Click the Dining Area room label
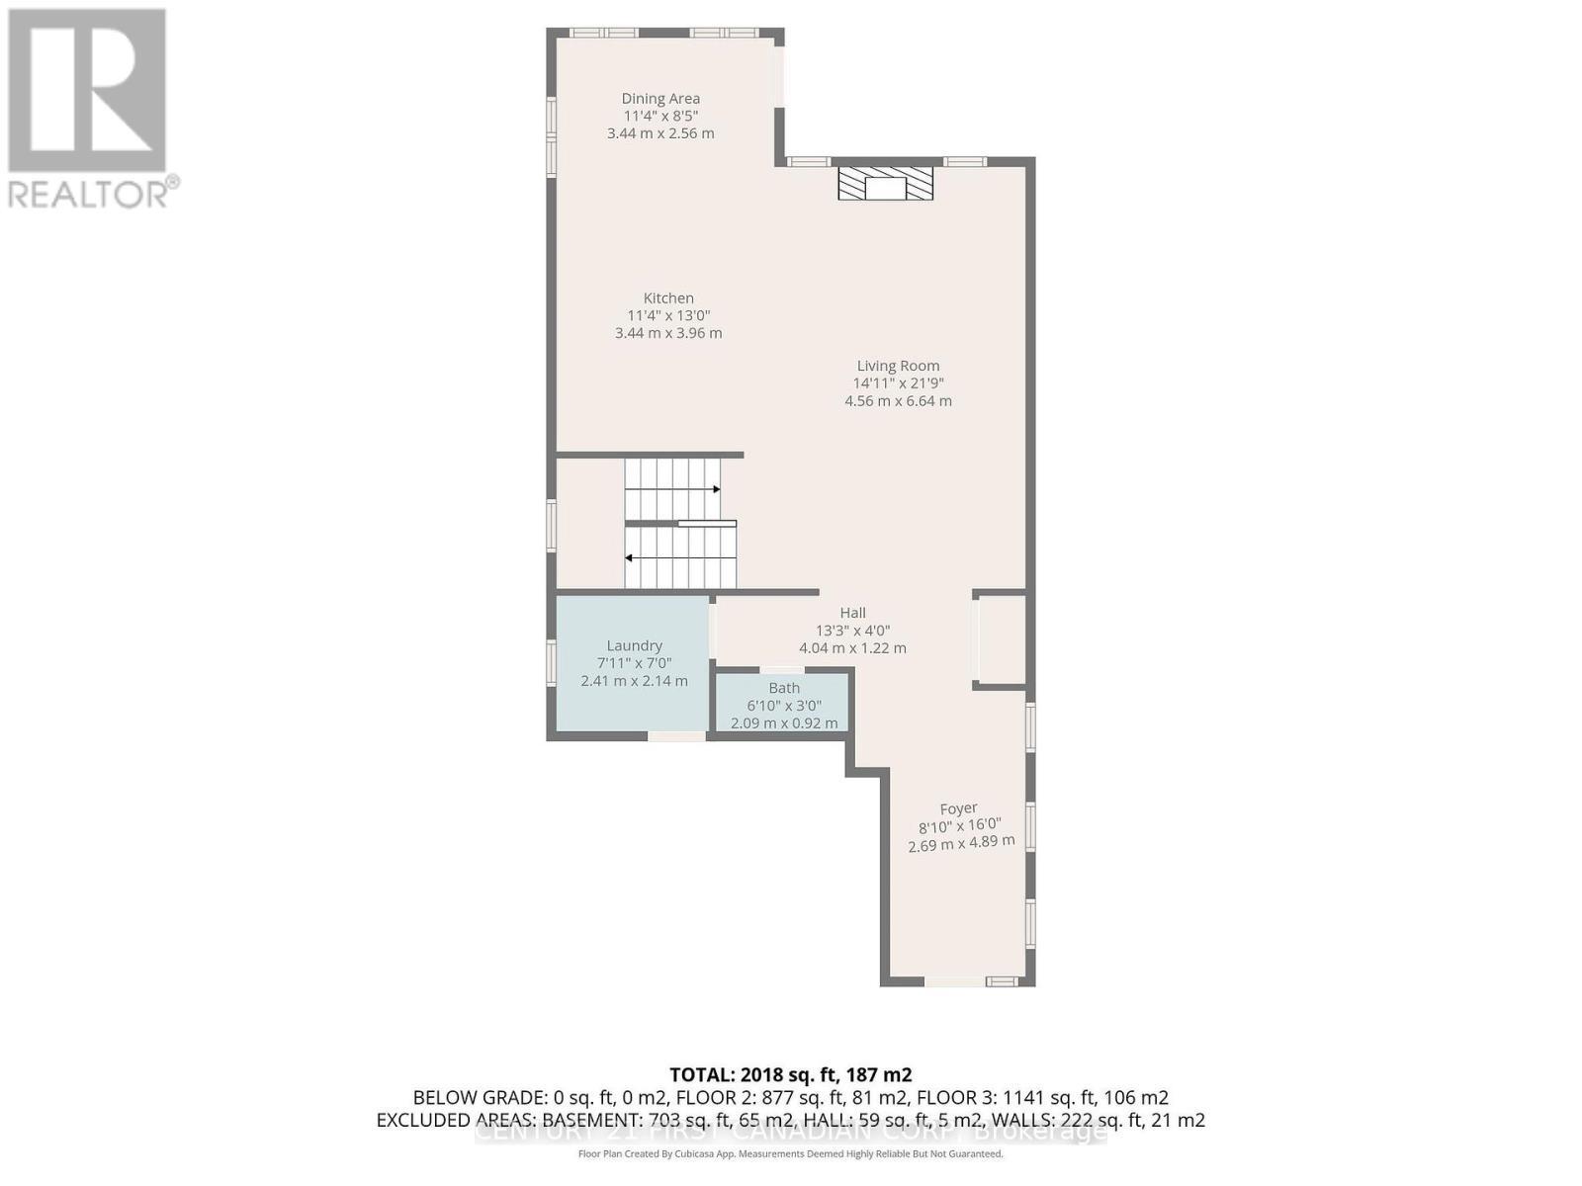tap(660, 98)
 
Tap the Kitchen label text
tap(668, 297)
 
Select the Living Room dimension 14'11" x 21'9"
tap(898, 383)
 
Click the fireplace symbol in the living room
tap(885, 184)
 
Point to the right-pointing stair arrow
tap(715, 489)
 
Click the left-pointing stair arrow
tap(629, 557)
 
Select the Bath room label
tap(784, 688)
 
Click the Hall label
tap(852, 613)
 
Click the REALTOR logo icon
tap(87, 91)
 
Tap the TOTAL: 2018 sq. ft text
tap(790, 1074)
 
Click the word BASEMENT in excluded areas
tap(592, 1120)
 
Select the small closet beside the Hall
tap(1001, 639)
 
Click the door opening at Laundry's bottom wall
tap(677, 735)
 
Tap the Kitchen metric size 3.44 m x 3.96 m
tap(668, 333)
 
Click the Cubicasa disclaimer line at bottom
tap(790, 1154)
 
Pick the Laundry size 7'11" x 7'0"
tap(634, 663)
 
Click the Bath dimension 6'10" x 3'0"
tap(784, 706)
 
